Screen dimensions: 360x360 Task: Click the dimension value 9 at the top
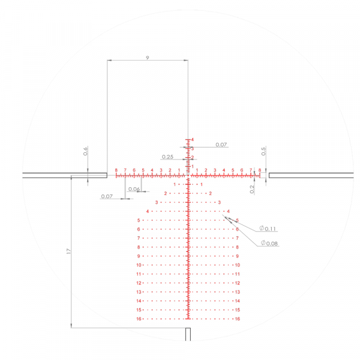click(147, 57)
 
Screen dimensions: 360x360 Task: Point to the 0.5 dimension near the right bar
click(263, 151)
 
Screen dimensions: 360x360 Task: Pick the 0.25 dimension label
click(167, 157)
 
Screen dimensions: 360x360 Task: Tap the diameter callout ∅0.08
click(269, 243)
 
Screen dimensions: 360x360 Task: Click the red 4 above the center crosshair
click(193, 140)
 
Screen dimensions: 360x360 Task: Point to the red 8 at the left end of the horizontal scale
click(116, 170)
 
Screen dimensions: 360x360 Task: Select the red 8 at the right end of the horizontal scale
click(259, 170)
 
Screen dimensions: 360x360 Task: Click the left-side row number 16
click(139, 319)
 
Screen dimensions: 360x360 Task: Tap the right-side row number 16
click(238, 319)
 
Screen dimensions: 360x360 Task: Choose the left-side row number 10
click(139, 265)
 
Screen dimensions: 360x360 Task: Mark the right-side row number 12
click(238, 283)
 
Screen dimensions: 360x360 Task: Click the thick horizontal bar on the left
click(65, 175)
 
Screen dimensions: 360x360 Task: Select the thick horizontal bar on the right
click(309, 175)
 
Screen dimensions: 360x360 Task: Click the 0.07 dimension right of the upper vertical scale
click(221, 145)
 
